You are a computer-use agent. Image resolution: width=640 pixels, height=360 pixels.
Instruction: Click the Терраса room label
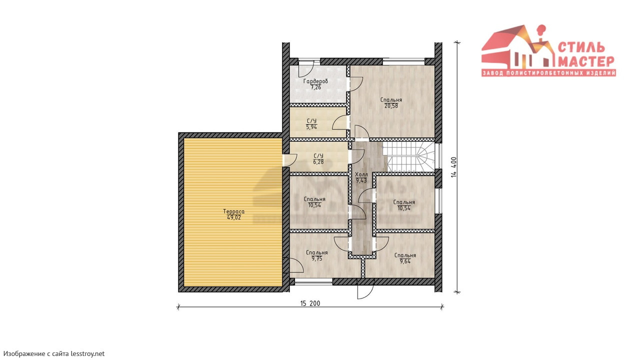coord(233,211)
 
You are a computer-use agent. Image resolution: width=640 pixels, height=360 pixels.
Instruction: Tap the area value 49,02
coord(233,217)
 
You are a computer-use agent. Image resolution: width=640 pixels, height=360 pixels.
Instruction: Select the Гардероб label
coord(315,81)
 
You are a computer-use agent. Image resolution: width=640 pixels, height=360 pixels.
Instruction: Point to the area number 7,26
coord(315,87)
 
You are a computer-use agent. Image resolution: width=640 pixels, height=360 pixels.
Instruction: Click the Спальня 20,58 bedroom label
coord(391,103)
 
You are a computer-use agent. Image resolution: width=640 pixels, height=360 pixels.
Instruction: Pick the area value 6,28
coord(318,162)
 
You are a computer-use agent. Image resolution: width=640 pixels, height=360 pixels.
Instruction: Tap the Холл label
coord(361,174)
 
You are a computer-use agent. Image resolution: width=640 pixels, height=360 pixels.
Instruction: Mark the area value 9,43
coord(361,180)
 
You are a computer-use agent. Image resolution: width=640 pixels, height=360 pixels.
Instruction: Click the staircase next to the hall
coord(408,157)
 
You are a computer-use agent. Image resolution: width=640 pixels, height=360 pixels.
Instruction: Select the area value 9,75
coord(317,259)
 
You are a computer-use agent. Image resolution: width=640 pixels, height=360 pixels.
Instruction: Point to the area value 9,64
coord(405,261)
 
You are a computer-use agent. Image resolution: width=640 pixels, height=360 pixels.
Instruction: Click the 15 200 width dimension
coord(310,303)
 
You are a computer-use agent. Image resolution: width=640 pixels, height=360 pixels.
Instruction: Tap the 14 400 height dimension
coord(453,167)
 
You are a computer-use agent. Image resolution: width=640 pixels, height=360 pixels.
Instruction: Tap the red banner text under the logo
coord(548,73)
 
